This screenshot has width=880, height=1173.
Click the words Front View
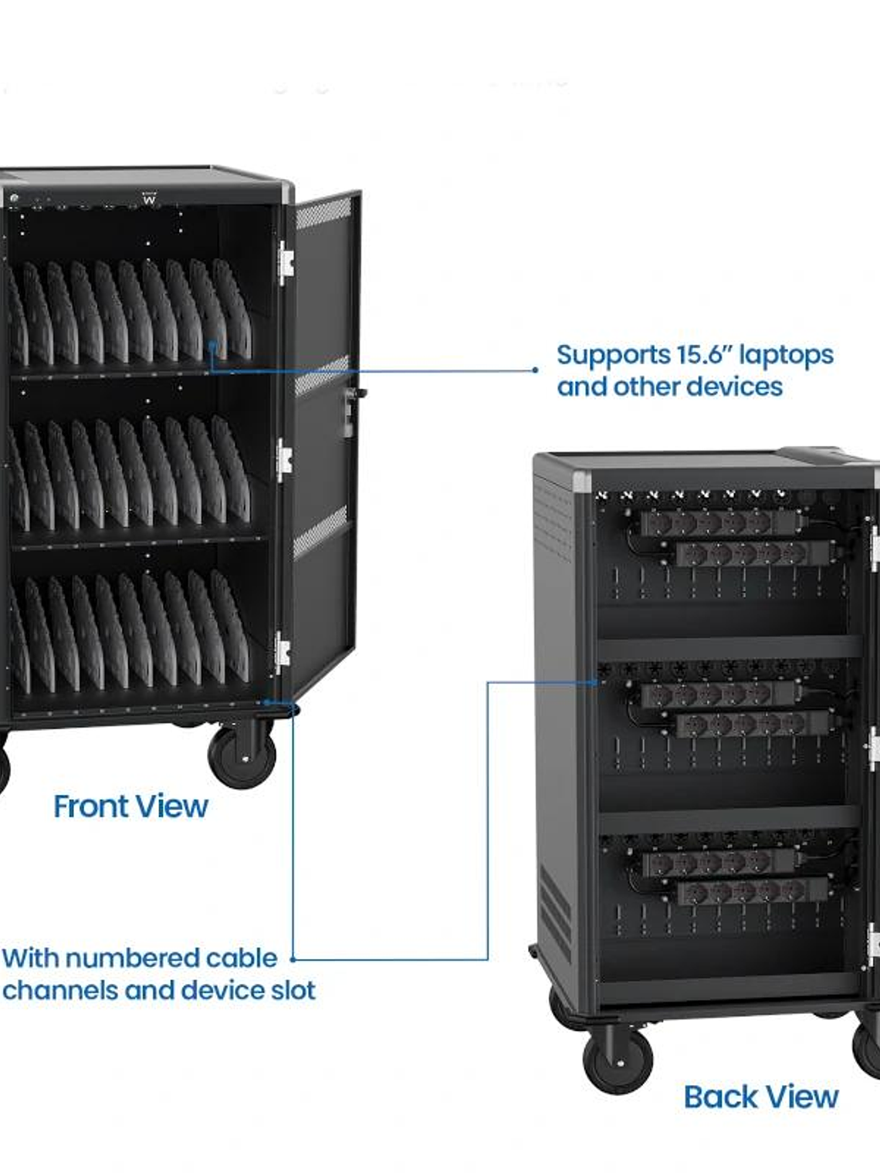(x=130, y=806)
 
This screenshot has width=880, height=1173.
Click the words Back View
(x=760, y=1097)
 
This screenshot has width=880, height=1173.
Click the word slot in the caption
(x=293, y=990)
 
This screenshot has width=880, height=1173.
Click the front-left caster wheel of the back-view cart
(x=618, y=1056)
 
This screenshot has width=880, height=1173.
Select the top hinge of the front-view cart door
(x=286, y=262)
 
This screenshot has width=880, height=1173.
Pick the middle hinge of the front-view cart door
(x=285, y=460)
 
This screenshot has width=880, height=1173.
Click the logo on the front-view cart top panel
(x=150, y=199)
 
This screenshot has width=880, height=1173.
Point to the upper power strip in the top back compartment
(x=718, y=524)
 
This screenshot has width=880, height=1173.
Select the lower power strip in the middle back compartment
(x=753, y=724)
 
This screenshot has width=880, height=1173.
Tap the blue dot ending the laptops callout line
(x=536, y=370)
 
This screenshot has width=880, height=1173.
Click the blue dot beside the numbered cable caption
(x=293, y=959)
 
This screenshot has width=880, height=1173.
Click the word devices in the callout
(x=736, y=387)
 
